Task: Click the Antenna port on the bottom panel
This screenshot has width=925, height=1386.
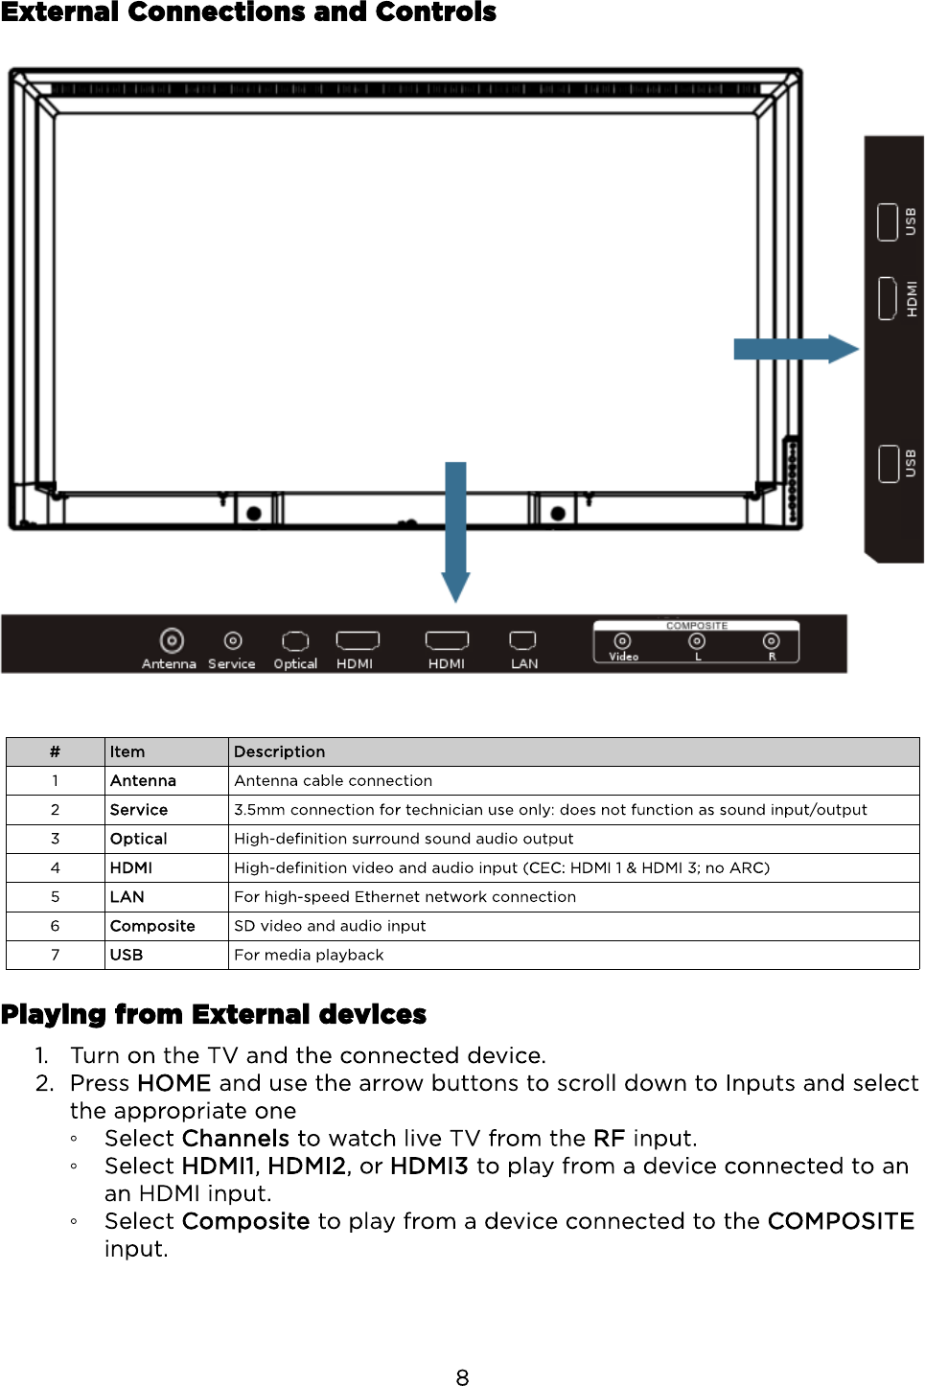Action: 172,639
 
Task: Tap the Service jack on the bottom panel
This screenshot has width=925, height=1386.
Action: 232,639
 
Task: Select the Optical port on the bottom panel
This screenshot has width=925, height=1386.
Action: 295,640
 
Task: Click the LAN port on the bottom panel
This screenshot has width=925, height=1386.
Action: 522,639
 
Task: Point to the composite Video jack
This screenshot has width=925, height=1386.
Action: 622,641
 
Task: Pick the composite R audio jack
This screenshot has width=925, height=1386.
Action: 771,640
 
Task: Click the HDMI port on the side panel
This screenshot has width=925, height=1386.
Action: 888,298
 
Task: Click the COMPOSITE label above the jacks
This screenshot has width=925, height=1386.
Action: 697,626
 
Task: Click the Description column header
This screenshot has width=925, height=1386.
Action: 280,751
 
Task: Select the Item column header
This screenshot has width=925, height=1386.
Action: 127,751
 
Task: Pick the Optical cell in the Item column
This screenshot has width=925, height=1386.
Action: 139,839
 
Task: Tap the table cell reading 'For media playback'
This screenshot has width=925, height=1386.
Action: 309,955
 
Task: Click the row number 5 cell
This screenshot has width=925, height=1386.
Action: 55,897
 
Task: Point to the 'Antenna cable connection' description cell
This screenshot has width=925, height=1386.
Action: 333,781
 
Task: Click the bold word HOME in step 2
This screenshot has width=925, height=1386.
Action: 173,1083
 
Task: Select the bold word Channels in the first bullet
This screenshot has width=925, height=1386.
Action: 236,1139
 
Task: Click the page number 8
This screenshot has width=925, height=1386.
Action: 462,1377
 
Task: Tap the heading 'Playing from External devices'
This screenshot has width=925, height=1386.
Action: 214,1014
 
